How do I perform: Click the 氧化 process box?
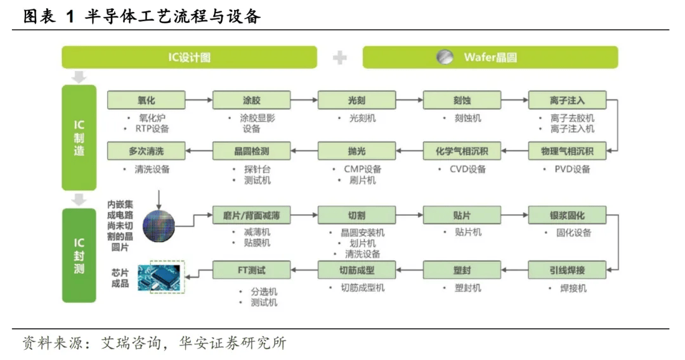click(147, 100)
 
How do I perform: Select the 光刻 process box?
click(357, 100)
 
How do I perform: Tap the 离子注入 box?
click(568, 100)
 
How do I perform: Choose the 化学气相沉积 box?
click(462, 151)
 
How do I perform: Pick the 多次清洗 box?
click(147, 151)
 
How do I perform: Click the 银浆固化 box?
click(568, 215)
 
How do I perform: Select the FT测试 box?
click(252, 270)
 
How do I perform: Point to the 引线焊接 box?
click(568, 270)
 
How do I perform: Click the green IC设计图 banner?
click(189, 57)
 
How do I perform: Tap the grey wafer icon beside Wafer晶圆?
click(445, 57)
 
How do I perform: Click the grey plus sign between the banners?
click(340, 57)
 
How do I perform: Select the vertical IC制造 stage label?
click(79, 138)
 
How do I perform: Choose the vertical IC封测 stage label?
click(79, 255)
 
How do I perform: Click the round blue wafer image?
click(159, 226)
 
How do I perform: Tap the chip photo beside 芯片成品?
click(160, 277)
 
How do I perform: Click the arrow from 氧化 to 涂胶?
click(199, 100)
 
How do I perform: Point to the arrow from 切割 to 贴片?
click(409, 215)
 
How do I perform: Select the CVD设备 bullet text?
click(467, 169)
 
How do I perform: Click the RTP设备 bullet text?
click(152, 129)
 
